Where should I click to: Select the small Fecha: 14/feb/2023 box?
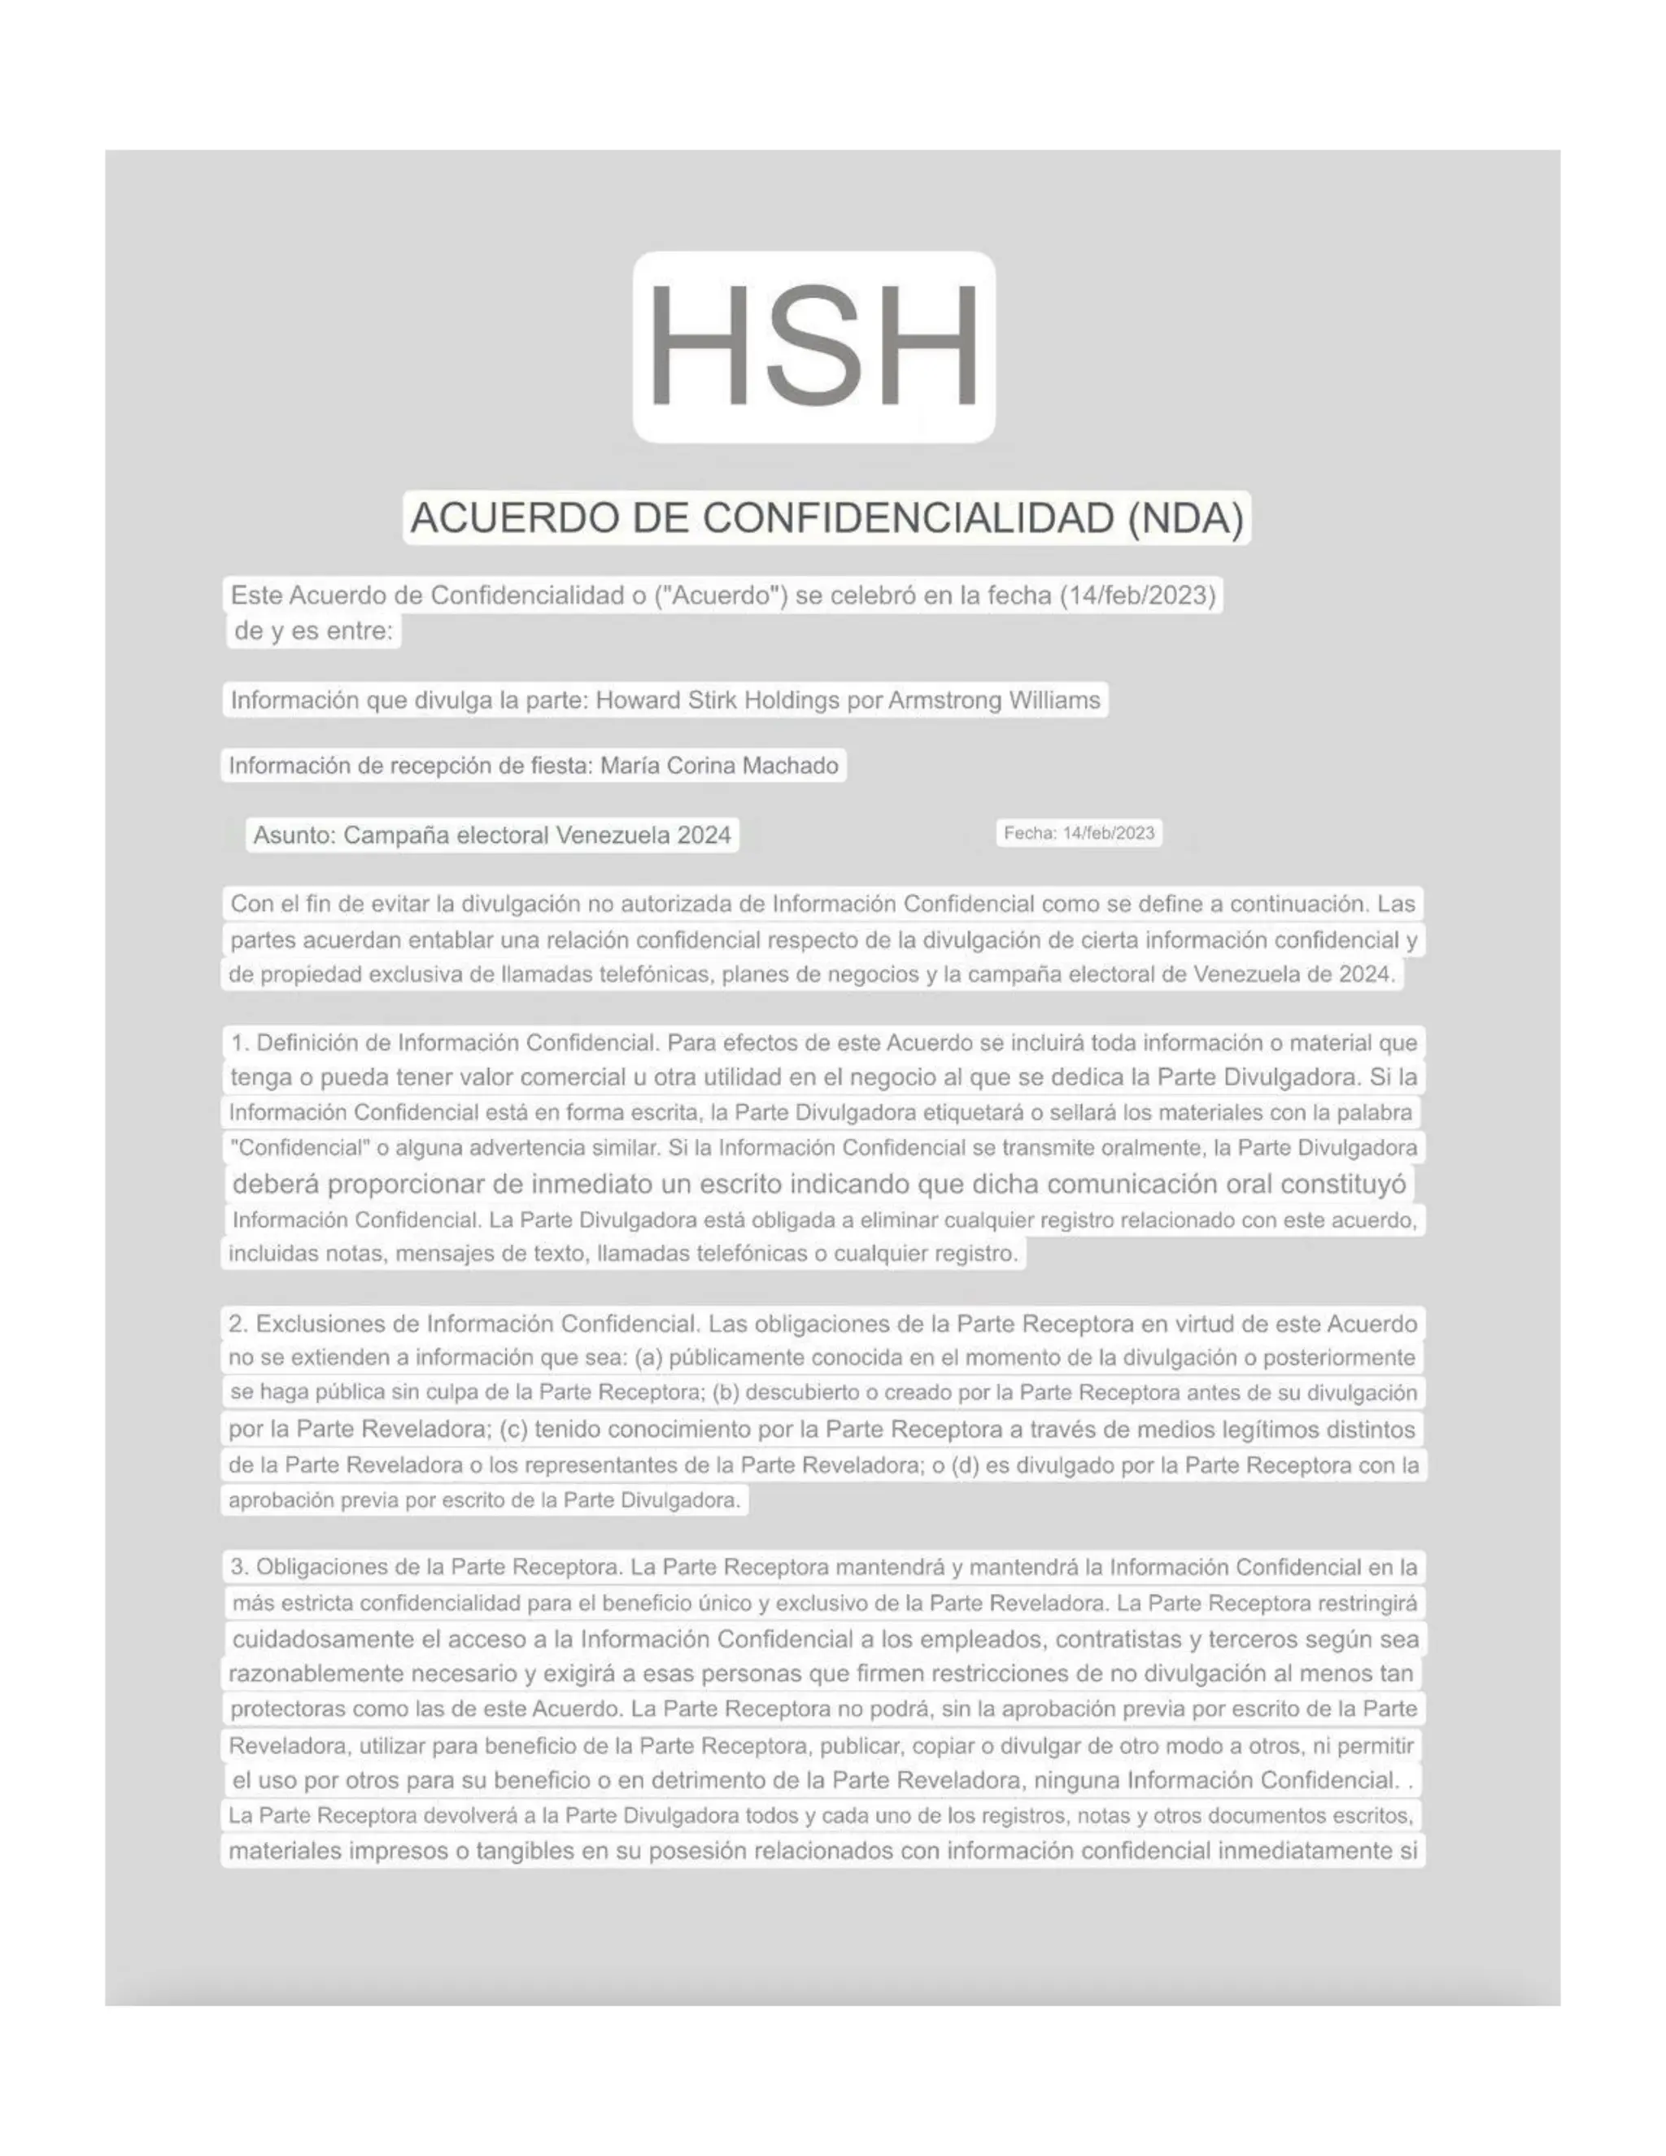pos(1079,833)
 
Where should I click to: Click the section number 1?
pos(238,1042)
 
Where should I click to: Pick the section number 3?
pos(238,1567)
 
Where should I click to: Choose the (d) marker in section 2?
pos(964,1465)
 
